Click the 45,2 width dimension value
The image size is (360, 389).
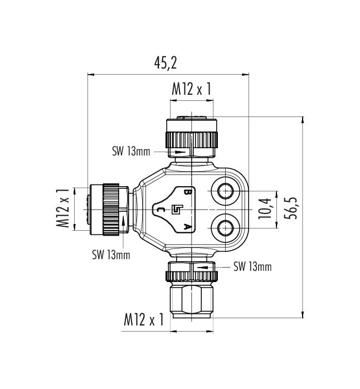click(x=166, y=63)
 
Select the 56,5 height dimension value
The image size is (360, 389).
click(x=291, y=208)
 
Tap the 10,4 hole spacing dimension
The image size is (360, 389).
click(x=264, y=208)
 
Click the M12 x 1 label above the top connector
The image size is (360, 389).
click(x=192, y=89)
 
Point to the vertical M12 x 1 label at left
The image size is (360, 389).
click(x=62, y=208)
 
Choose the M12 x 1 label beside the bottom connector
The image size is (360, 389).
click(x=144, y=319)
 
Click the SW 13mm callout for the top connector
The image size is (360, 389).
click(x=132, y=152)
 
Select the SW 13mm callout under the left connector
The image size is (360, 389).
click(x=111, y=255)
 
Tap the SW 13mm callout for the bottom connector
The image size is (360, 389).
click(x=252, y=267)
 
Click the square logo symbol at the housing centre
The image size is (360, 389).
click(x=177, y=210)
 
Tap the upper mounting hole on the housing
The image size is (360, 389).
click(x=225, y=191)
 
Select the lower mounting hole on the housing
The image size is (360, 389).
click(x=225, y=227)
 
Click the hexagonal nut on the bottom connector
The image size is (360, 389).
click(x=192, y=299)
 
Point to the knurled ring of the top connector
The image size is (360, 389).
click(x=192, y=140)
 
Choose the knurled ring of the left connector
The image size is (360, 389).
click(x=111, y=210)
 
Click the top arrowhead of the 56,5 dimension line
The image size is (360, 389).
click(x=303, y=120)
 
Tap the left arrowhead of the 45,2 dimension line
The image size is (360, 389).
click(x=91, y=74)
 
